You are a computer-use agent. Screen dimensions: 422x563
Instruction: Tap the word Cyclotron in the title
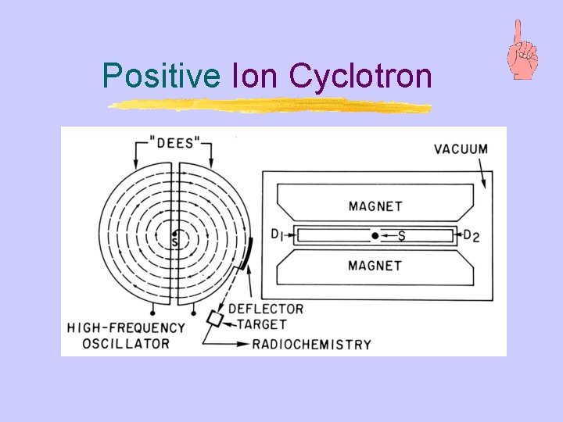[360, 77]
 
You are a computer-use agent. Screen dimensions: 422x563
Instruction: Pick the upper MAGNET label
[375, 206]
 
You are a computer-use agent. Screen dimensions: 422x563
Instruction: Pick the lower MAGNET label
[375, 266]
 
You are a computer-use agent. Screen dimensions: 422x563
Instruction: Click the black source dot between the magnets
[375, 235]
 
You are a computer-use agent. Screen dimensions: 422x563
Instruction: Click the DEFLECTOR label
[266, 309]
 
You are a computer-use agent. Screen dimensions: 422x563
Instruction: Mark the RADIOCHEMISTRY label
[311, 344]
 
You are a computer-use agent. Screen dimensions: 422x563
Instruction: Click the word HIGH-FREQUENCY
[127, 328]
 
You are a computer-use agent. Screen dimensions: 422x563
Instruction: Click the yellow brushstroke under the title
[270, 105]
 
